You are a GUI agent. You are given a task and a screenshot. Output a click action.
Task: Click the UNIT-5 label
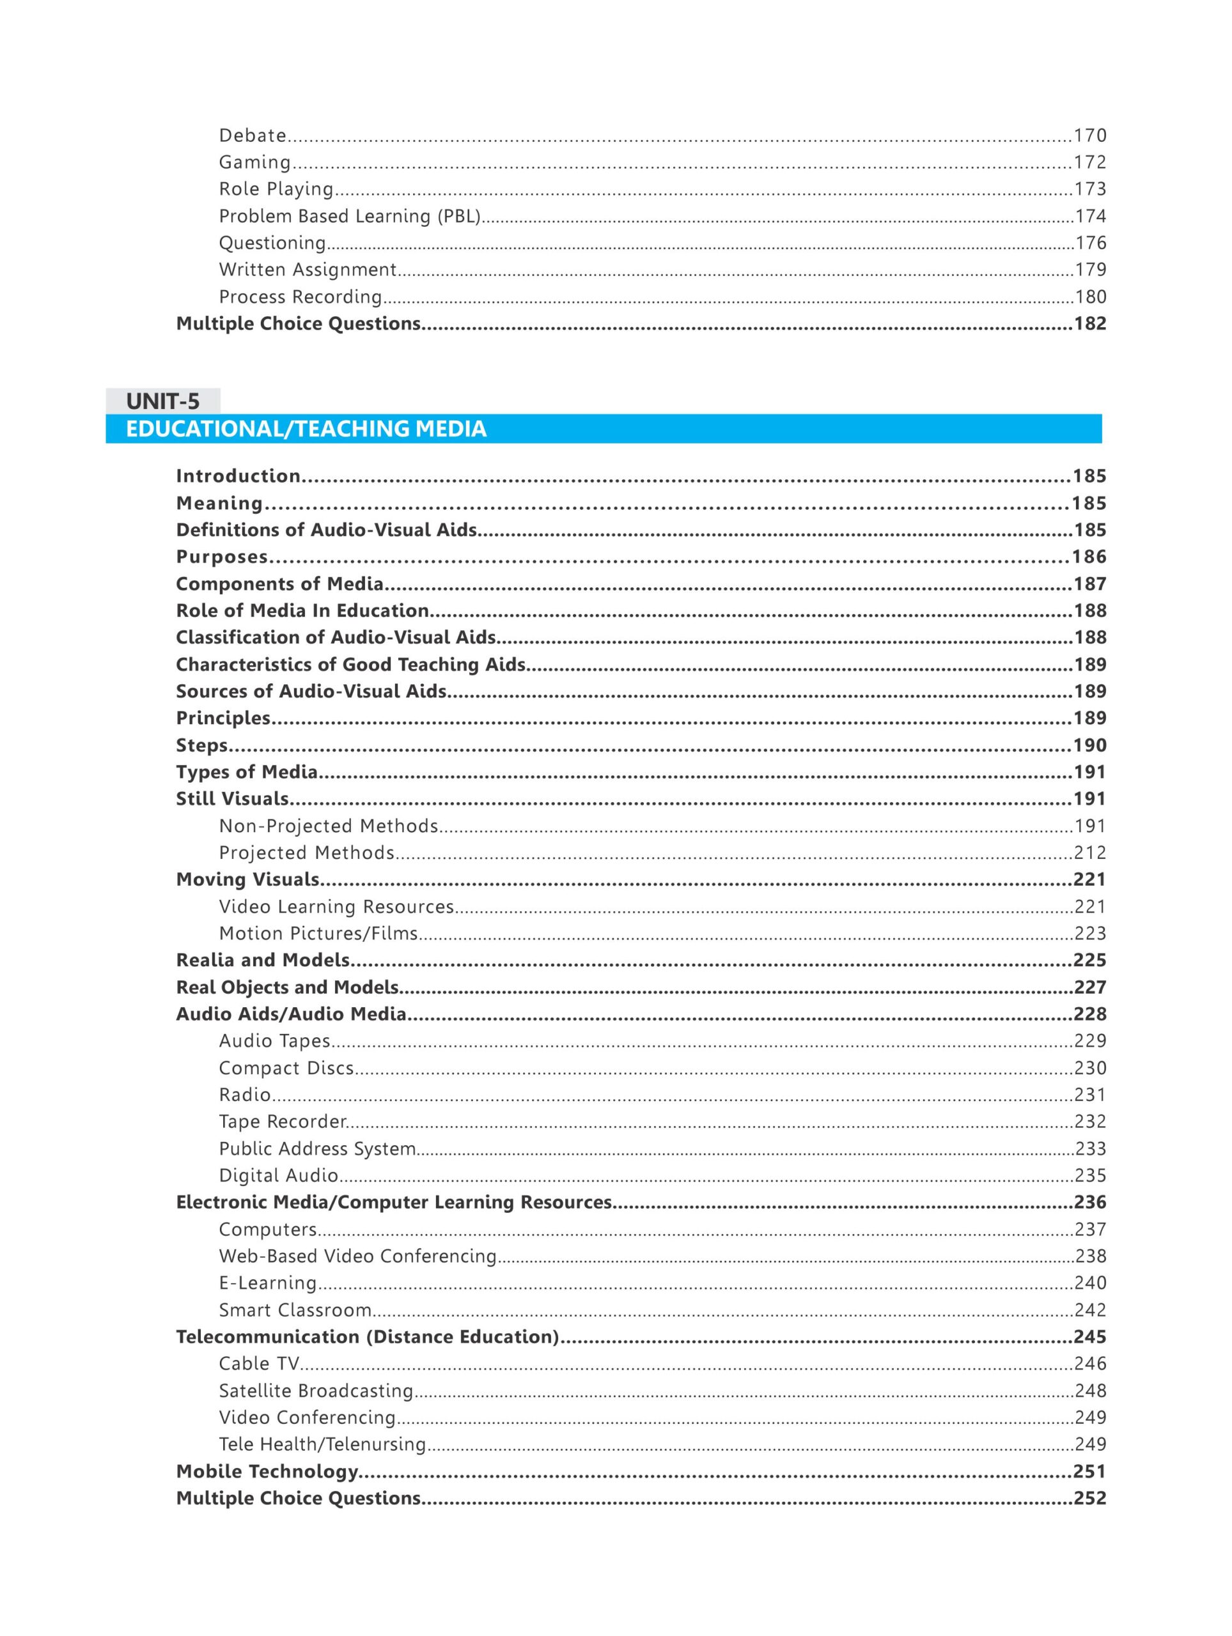pos(163,401)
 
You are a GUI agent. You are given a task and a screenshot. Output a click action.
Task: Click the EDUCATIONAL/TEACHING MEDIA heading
pos(306,429)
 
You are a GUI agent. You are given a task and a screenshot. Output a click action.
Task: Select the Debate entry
pos(253,135)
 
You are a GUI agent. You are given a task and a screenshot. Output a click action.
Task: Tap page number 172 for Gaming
pos(1090,162)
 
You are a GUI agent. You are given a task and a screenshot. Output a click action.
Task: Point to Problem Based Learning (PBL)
pos(350,216)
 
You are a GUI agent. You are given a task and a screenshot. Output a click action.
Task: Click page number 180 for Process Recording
pos(1090,297)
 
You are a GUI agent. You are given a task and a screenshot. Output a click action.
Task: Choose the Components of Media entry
pos(279,583)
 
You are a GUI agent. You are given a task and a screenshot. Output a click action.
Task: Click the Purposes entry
pos(222,557)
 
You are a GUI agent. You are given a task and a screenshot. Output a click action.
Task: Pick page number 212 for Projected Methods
pos(1090,853)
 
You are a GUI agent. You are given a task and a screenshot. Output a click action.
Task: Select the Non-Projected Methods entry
pos(329,826)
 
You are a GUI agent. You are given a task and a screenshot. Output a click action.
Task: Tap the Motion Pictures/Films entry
pos(319,934)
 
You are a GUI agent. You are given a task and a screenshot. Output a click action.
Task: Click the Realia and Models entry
pos(263,960)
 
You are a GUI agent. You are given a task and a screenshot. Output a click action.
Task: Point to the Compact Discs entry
pos(286,1068)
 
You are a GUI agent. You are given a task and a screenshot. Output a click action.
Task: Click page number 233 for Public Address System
pos(1090,1148)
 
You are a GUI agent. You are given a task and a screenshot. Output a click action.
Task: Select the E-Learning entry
pos(268,1283)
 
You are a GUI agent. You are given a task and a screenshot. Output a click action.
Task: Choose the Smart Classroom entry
pos(295,1310)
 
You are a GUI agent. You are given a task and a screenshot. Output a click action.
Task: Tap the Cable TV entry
pos(259,1364)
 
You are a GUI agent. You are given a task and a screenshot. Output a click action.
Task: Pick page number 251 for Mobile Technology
pos(1090,1471)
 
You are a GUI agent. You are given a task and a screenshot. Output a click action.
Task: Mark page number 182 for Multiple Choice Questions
pos(1090,323)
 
